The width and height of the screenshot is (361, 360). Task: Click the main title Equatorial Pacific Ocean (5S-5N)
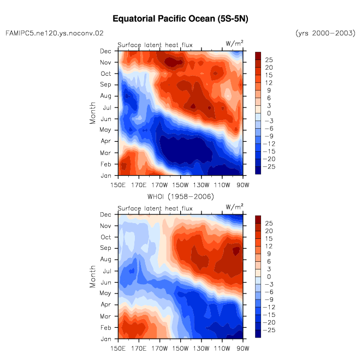point(180,19)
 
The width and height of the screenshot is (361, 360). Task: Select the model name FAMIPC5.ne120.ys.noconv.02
point(55,33)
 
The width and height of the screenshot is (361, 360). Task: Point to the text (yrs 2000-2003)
point(326,33)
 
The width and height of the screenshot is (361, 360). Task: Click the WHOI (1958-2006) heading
point(180,197)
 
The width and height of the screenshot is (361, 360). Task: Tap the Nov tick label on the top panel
point(105,63)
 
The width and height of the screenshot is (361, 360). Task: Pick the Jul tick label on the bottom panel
point(107,271)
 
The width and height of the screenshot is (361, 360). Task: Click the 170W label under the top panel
point(159,185)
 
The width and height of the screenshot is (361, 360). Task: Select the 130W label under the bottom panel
point(201,349)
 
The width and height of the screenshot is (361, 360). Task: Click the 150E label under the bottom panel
point(118,349)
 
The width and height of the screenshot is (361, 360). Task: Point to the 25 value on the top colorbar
point(269,60)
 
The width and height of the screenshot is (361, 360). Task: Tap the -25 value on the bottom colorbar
point(269,330)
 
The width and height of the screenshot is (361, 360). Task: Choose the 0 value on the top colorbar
point(269,113)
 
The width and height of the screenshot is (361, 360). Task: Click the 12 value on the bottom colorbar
point(269,246)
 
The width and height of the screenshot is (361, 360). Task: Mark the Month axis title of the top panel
point(92,113)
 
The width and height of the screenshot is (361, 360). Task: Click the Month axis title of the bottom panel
point(92,277)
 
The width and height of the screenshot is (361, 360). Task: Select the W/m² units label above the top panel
point(234,44)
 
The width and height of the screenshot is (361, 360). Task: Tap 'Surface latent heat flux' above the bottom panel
point(155,208)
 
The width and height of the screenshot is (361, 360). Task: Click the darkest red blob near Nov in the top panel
point(172,62)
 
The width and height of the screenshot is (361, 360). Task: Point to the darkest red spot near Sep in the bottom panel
point(236,250)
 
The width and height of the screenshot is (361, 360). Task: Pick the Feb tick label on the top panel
point(105,164)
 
